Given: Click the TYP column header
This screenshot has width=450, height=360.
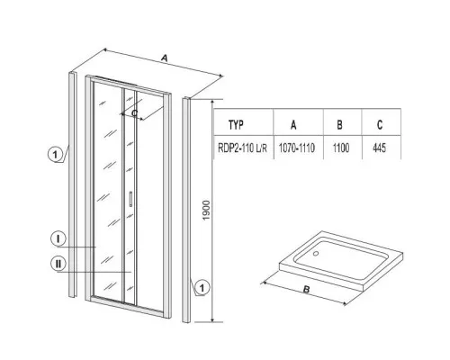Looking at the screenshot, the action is click(x=236, y=125).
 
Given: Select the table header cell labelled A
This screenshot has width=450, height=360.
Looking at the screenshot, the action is click(x=293, y=124).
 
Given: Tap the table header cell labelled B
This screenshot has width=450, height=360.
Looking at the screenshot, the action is click(x=339, y=124).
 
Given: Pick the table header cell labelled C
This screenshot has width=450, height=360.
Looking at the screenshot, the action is click(x=380, y=124).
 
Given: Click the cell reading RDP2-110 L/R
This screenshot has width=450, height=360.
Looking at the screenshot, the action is click(x=242, y=148).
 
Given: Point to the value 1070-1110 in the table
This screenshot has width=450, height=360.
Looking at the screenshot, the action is click(x=297, y=148).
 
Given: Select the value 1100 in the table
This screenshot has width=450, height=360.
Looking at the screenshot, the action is click(x=341, y=148).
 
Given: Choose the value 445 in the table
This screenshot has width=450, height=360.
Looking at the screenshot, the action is click(x=379, y=148).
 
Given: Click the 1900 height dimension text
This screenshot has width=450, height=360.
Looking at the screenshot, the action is click(x=207, y=211).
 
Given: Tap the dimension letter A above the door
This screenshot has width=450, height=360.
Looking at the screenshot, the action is click(x=164, y=58).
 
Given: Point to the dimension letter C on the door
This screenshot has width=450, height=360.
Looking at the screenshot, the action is click(x=135, y=113).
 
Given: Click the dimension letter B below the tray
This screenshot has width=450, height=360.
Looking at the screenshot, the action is click(x=306, y=290).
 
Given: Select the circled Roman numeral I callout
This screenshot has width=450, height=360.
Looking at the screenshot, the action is click(x=58, y=238).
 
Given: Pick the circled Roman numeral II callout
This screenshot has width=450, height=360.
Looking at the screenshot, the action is click(x=58, y=264).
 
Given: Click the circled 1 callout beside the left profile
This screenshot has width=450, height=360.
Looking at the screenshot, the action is click(x=55, y=155).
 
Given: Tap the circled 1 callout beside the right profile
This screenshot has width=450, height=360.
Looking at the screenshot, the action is click(x=202, y=288).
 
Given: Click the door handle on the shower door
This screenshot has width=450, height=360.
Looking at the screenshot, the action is click(x=130, y=199).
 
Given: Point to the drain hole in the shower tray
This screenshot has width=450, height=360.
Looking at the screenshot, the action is click(x=315, y=254).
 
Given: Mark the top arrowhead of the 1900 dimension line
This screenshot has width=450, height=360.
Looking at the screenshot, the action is click(x=212, y=101).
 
